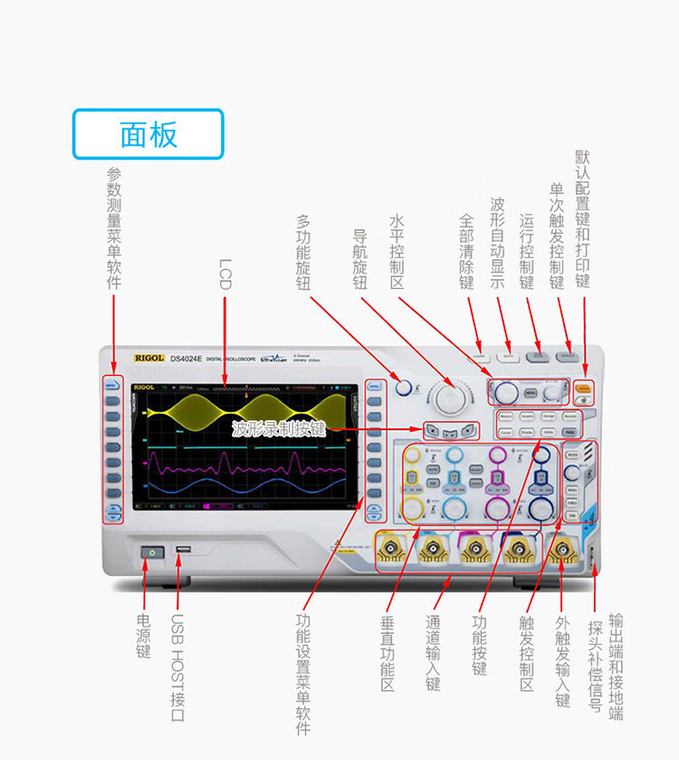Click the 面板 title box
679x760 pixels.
(148, 134)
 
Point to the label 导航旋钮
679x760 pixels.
(359, 257)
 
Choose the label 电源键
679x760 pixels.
(143, 637)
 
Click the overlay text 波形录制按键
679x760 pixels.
(278, 428)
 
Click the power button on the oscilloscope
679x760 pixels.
(151, 551)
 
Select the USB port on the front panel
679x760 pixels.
(183, 551)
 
